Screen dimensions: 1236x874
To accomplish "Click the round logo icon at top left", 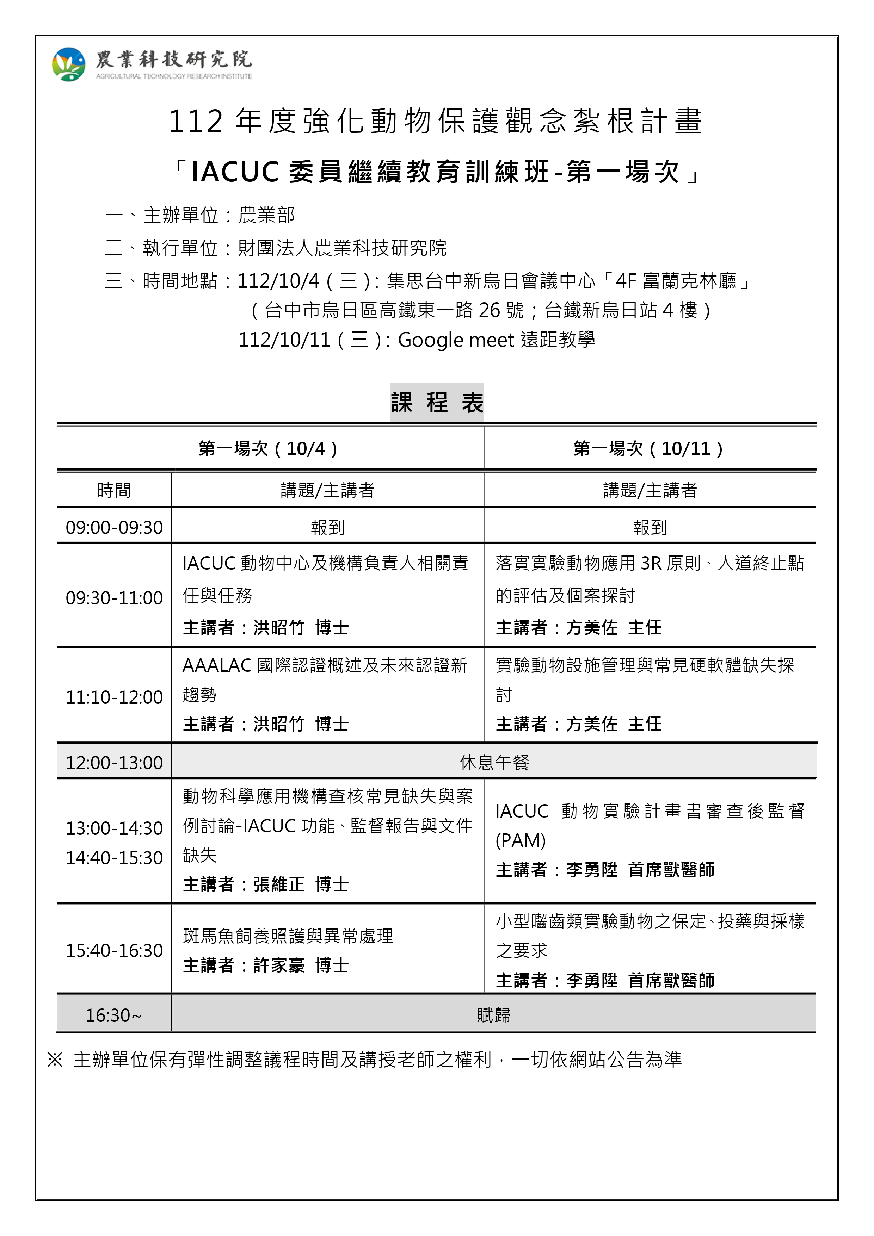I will coord(68,64).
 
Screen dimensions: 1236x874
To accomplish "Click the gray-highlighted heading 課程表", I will coord(437,403).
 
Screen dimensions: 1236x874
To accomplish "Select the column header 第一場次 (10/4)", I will coord(268,448).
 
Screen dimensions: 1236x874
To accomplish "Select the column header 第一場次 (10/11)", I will coord(648,448).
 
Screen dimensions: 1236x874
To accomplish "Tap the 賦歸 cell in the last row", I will coord(494,1015).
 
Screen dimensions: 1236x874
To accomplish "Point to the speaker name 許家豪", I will coord(279,965).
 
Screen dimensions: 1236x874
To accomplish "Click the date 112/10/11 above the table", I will coord(284,340).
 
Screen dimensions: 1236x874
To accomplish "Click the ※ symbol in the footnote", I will coord(55,1060).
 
